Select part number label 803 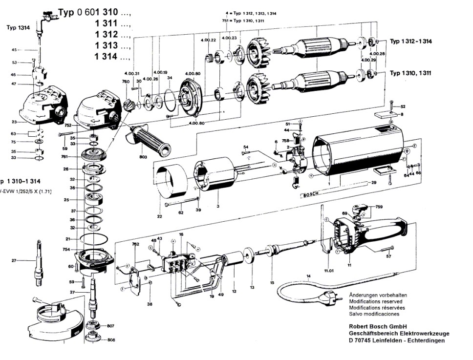[143, 157]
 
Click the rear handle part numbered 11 [371, 234]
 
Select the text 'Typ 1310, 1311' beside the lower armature [410, 73]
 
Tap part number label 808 [110, 339]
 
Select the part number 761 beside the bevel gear [72, 157]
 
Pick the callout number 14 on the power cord [308, 277]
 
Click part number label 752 [68, 126]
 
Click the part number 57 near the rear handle [389, 255]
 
